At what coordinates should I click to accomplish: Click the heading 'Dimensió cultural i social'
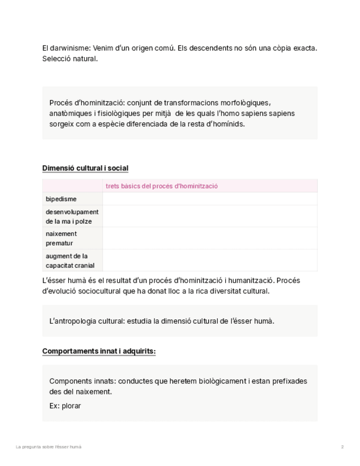[x=85, y=168]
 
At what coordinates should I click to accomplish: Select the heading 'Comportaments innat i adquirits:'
[x=99, y=351]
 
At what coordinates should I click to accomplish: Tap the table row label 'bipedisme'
[x=61, y=199]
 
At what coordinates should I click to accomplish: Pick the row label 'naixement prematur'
[x=61, y=238]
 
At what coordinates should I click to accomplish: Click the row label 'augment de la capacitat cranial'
[x=70, y=260]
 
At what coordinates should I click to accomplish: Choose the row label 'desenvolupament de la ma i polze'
[x=72, y=217]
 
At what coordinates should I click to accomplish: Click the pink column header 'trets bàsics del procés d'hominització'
[x=162, y=186]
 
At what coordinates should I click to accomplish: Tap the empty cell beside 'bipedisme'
[x=209, y=199]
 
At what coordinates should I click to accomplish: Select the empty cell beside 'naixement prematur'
[x=209, y=238]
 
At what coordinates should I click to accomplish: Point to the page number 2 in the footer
[x=342, y=447]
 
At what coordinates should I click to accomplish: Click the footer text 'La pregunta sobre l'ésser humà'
[x=48, y=447]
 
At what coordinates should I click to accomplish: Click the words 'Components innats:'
[x=82, y=381]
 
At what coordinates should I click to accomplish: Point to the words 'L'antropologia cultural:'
[x=87, y=321]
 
